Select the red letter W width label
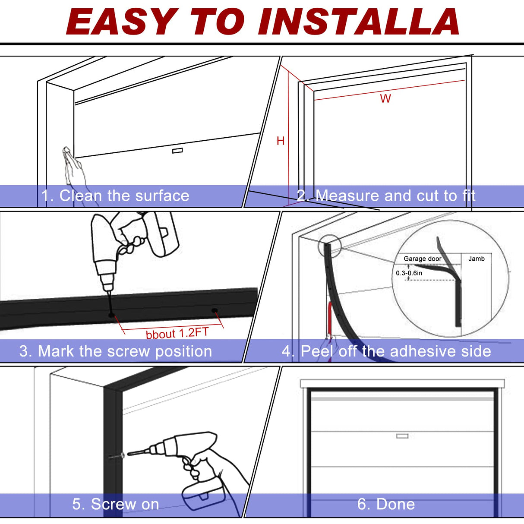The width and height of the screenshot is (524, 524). coord(385,99)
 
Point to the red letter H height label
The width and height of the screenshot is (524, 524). coord(281,141)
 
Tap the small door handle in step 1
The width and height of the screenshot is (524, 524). coord(177,151)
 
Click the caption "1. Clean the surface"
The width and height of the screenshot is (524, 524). coord(115,196)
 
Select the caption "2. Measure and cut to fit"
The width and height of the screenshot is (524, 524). coord(386,196)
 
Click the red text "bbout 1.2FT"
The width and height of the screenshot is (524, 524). coord(177,333)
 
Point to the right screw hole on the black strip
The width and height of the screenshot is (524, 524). coord(214,310)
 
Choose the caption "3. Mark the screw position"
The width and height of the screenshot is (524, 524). coord(116,351)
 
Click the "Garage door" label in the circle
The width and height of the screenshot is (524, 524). coord(422,259)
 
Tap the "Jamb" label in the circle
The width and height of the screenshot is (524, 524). coord(477,259)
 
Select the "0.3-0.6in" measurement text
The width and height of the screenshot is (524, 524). coord(409,273)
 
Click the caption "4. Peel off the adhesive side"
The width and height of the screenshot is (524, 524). coord(386,351)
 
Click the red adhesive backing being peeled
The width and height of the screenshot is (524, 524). coord(329,319)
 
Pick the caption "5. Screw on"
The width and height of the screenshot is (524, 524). coord(116,504)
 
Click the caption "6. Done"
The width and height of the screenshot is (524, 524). coord(386,504)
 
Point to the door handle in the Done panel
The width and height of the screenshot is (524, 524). coord(402,436)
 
